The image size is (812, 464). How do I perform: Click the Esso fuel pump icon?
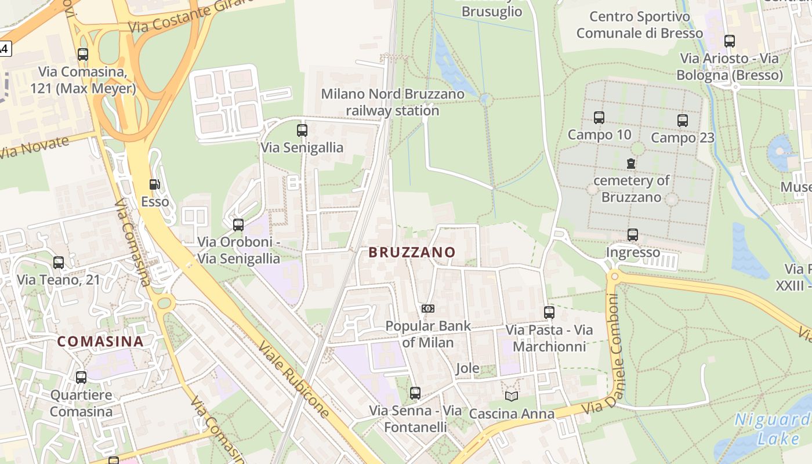pyautogui.click(x=155, y=184)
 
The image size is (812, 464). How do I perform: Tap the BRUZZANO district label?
pyautogui.click(x=412, y=252)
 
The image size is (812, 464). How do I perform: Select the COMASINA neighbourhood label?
pyautogui.click(x=100, y=341)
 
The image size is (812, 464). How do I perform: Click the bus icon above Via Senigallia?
pyautogui.click(x=302, y=130)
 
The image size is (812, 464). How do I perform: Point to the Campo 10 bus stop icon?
pyautogui.click(x=599, y=118)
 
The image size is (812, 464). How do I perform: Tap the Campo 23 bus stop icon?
pyautogui.click(x=683, y=121)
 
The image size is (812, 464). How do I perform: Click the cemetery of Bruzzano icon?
pyautogui.click(x=631, y=164)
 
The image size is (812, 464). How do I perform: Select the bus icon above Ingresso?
pyautogui.click(x=633, y=235)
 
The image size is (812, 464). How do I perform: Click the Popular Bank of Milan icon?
pyautogui.click(x=428, y=309)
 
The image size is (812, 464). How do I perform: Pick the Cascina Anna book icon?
pyautogui.click(x=511, y=396)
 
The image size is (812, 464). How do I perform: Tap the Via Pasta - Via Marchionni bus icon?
pyautogui.click(x=549, y=313)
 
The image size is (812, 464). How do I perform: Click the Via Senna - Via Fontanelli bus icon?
pyautogui.click(x=415, y=393)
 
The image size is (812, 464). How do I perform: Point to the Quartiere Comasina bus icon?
pyautogui.click(x=81, y=378)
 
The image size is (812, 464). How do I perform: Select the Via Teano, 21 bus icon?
pyautogui.click(x=59, y=263)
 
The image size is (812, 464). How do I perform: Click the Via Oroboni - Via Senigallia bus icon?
pyautogui.click(x=238, y=224)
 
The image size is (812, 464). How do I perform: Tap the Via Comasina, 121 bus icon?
pyautogui.click(x=83, y=55)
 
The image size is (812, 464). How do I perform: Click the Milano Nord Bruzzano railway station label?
pyautogui.click(x=393, y=102)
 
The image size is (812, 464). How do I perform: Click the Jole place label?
pyautogui.click(x=467, y=368)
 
